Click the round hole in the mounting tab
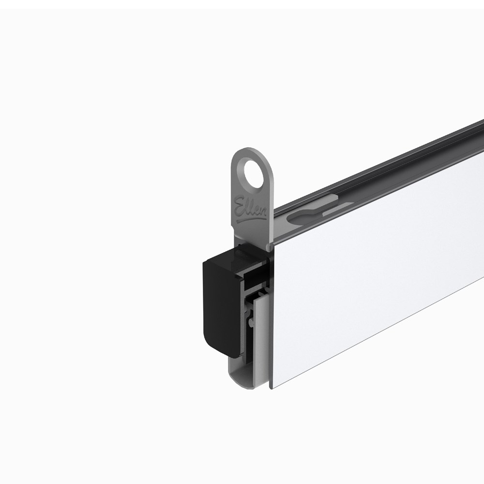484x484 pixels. pyautogui.click(x=252, y=173)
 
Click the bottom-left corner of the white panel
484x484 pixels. pyautogui.click(x=272, y=387)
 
